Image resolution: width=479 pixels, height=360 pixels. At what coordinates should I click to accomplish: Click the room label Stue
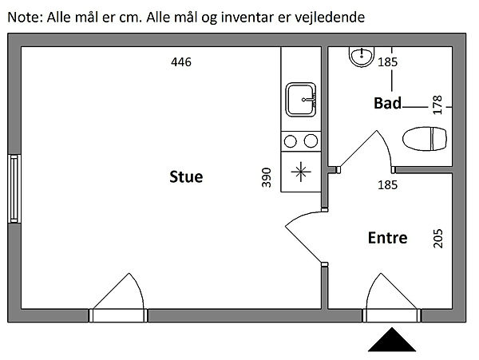click(186, 176)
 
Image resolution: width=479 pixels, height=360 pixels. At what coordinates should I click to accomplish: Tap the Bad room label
click(387, 103)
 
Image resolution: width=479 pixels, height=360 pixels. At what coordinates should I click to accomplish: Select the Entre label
click(387, 238)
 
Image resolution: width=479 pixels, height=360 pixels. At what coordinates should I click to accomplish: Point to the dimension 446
click(181, 62)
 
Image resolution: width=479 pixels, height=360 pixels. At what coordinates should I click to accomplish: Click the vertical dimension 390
click(267, 177)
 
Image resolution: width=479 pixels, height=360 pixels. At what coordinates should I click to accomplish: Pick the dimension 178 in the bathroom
click(437, 105)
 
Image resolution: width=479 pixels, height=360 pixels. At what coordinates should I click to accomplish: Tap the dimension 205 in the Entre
click(437, 238)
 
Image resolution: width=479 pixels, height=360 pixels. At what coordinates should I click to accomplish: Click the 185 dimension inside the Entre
click(387, 185)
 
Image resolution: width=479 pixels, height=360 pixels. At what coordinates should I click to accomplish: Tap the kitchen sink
click(304, 100)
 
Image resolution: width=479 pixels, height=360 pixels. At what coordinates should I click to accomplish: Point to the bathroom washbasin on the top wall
click(361, 55)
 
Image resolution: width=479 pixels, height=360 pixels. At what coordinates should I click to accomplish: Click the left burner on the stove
click(291, 141)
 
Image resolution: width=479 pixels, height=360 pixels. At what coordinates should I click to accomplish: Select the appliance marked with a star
click(301, 170)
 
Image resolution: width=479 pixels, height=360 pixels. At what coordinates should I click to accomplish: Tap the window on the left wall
click(14, 189)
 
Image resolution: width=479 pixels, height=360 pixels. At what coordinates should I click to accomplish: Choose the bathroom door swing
click(363, 152)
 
